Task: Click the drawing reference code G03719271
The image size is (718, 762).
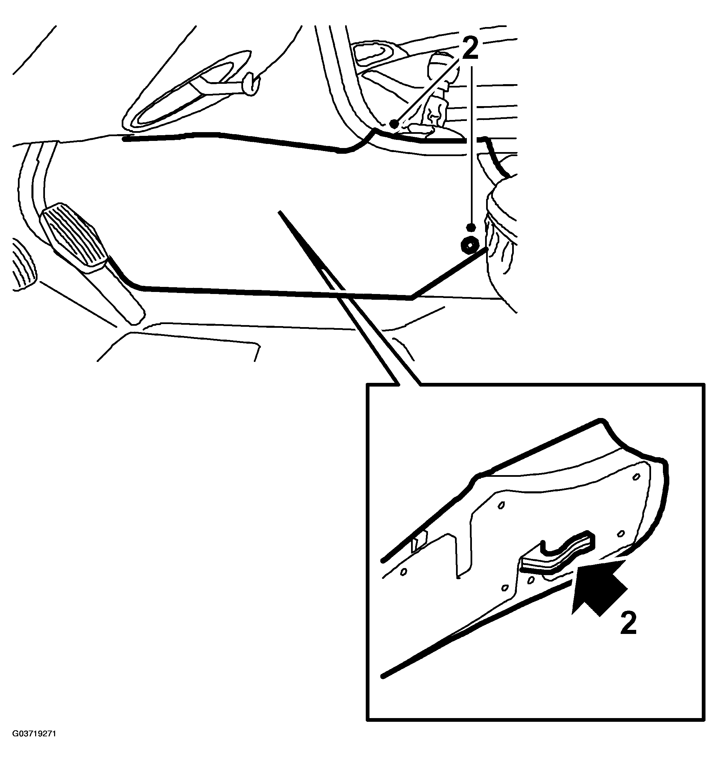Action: [x=34, y=734]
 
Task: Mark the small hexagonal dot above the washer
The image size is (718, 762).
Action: [x=471, y=227]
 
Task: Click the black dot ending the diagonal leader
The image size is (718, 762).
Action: [x=394, y=124]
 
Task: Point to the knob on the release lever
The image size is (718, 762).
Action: [x=252, y=83]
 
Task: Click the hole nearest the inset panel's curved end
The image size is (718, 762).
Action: [x=636, y=476]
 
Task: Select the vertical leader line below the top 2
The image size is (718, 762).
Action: [x=471, y=146]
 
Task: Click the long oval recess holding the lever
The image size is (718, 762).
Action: [x=184, y=92]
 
